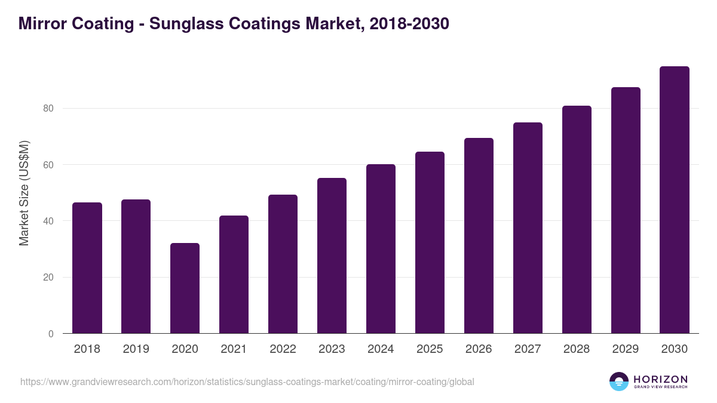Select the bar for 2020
pos(185,288)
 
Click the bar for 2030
pos(675,200)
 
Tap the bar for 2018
pos(87,268)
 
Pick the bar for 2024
pos(381,249)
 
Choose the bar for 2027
pos(528,228)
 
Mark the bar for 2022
pos(283,264)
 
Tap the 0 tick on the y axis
pos(51,334)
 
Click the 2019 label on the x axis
pos(136,349)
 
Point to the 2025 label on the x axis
pos(430,349)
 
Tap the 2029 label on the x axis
pos(626,349)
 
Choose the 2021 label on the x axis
pos(234,349)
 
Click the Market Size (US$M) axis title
pos(24,193)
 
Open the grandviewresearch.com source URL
pos(247,382)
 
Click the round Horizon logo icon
pos(619,382)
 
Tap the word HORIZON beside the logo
pos(660,379)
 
